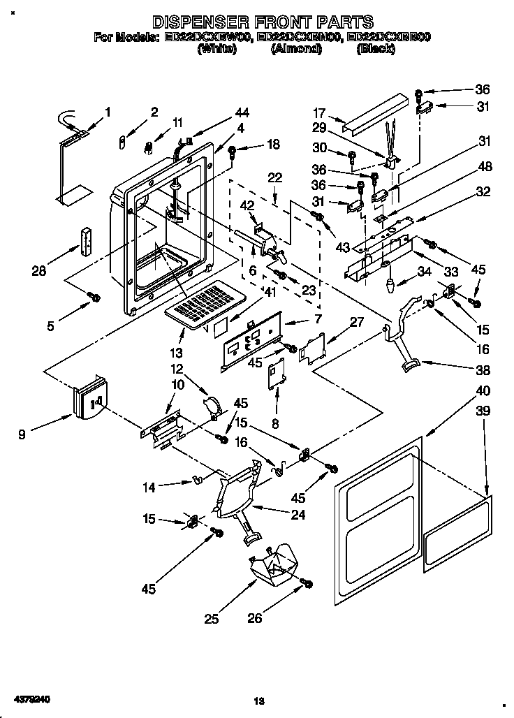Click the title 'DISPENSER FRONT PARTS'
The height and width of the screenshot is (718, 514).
[263, 22]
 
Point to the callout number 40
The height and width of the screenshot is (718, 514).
[483, 390]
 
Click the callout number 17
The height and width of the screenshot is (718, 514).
[320, 112]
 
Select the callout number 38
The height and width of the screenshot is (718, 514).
[483, 370]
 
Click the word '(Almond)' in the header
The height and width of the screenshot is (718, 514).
[295, 49]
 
